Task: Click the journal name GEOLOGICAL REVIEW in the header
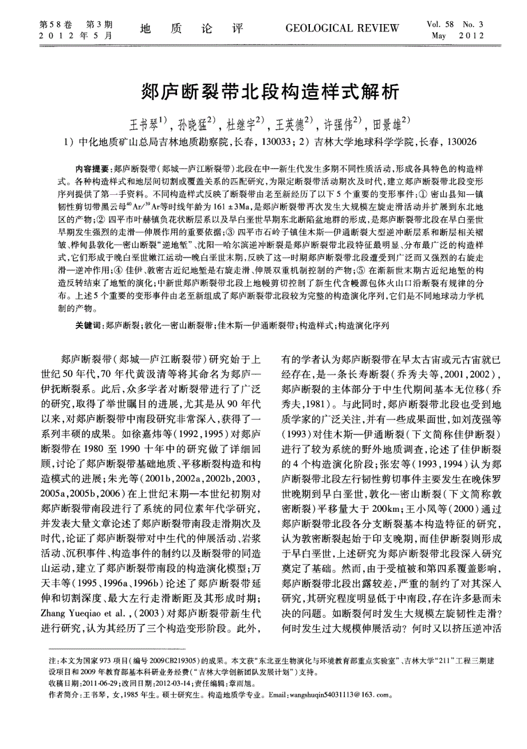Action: [x=342, y=28]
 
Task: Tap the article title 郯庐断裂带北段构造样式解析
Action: [x=263, y=91]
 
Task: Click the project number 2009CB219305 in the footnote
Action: [x=178, y=661]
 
